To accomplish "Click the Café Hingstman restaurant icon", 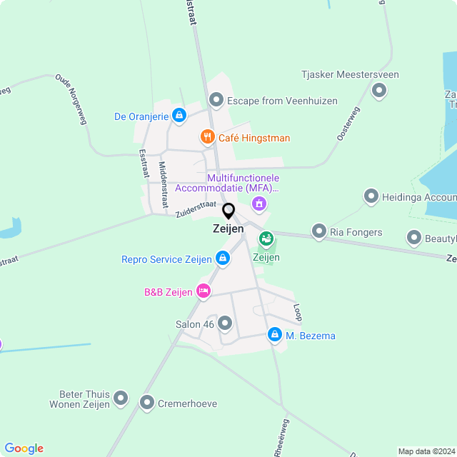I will [207, 136].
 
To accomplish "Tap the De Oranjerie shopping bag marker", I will [179, 114].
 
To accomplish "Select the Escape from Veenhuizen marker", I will [216, 100].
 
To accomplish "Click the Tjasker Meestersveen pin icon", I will [379, 90].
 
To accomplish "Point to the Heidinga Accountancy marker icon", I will [371, 196].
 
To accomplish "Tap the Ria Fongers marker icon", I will [318, 231].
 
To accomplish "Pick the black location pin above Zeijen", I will [228, 211].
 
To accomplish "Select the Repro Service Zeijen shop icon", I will [222, 259].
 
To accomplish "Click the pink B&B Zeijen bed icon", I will [204, 290].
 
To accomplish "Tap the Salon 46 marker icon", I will [226, 323].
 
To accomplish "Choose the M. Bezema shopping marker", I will [274, 334].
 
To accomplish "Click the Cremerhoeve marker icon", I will [147, 403].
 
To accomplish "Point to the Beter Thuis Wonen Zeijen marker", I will [121, 398].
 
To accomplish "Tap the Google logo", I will [24, 448].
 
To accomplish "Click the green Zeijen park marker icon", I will [266, 238].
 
